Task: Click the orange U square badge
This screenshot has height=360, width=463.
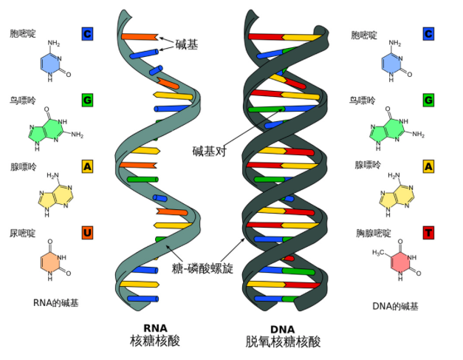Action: (x=87, y=233)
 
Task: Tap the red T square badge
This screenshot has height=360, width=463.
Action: (x=428, y=233)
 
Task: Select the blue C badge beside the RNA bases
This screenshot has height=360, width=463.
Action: (x=87, y=34)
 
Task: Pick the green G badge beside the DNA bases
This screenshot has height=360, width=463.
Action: (x=428, y=101)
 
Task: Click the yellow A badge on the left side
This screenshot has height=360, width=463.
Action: (x=87, y=166)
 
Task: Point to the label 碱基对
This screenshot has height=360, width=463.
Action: (x=209, y=151)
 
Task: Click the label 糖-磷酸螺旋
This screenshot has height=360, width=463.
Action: (x=202, y=268)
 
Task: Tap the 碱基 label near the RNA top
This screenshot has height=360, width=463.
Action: (x=187, y=44)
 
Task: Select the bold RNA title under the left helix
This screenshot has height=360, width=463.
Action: (x=155, y=328)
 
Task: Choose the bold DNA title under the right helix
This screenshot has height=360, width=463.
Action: (x=283, y=329)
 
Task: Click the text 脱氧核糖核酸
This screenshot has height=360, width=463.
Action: (x=283, y=342)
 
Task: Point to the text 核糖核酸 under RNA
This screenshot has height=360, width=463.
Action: (x=155, y=341)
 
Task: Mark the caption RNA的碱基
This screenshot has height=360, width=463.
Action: (x=56, y=303)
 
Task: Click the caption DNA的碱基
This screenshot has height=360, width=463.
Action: (x=395, y=306)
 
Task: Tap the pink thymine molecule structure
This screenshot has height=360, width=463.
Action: (x=398, y=259)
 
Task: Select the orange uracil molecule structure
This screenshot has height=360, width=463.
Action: (x=55, y=260)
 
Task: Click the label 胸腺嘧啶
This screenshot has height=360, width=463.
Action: (x=373, y=233)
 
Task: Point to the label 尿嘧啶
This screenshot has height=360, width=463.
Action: (x=23, y=233)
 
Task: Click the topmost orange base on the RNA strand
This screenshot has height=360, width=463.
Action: (x=140, y=37)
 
